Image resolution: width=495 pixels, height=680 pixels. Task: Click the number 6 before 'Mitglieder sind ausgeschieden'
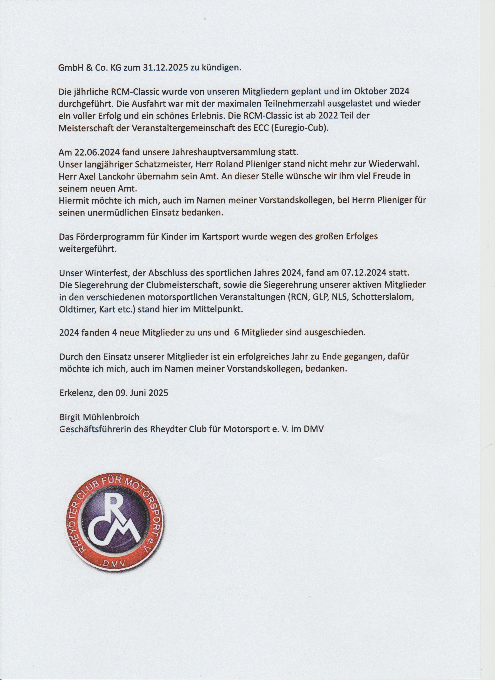(x=236, y=333)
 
